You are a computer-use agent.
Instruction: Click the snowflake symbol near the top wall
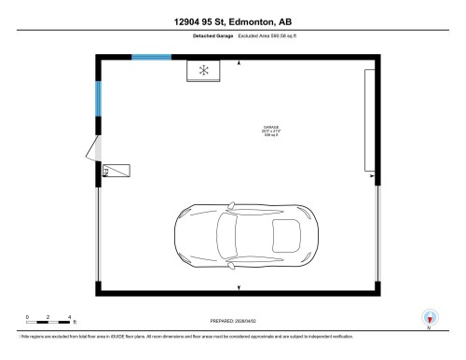tap(205, 71)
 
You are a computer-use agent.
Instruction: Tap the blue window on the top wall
tap(150, 57)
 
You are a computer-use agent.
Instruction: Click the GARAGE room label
tap(272, 127)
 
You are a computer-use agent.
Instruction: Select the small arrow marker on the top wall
tap(240, 62)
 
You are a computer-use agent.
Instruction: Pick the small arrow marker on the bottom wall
tap(240, 286)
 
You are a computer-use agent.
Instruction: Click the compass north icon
tap(429, 316)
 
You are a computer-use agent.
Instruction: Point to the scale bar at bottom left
tap(49, 323)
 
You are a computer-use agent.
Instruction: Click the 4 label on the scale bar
tap(71, 317)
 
